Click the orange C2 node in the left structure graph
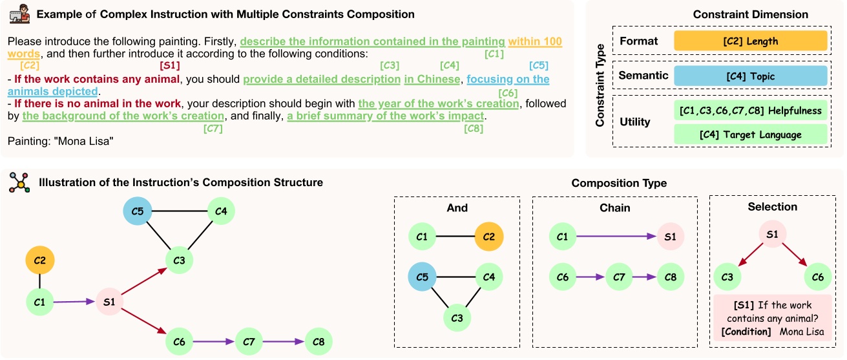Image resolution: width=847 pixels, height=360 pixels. (40, 261)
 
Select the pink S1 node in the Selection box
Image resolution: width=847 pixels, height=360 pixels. (771, 235)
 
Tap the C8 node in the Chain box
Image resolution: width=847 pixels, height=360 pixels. (670, 277)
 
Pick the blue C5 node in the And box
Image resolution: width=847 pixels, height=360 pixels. (422, 277)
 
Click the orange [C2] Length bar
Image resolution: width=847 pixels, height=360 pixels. (750, 41)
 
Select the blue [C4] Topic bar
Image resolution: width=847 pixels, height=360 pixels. (750, 76)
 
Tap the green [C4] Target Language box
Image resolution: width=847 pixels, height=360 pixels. (750, 134)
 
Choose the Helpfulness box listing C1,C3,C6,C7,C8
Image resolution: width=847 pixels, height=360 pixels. (750, 111)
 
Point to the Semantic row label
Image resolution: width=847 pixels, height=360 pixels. (643, 76)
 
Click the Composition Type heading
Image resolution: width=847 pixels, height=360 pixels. (618, 184)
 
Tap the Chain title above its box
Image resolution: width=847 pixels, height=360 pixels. (614, 207)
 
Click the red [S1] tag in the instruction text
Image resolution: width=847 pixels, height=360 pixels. (169, 65)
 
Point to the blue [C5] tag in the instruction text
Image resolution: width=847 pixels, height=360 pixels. (538, 65)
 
